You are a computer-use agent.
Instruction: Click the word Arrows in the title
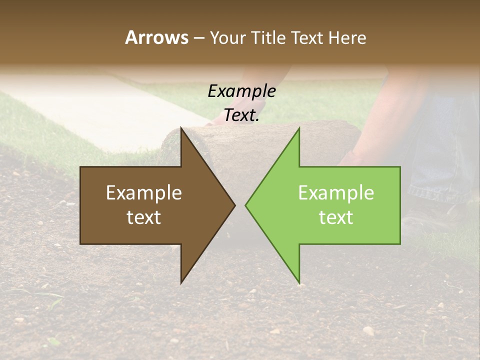[156, 37]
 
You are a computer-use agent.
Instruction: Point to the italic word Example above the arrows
[241, 91]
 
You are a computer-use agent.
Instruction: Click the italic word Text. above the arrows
[241, 115]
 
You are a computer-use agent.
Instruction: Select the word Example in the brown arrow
[143, 193]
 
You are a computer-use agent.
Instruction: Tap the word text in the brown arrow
[143, 217]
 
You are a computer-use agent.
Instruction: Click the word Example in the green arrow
[336, 193]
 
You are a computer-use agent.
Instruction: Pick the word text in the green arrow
[336, 217]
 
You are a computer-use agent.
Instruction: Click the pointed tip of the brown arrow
[234, 205]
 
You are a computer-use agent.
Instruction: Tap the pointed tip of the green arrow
[246, 205]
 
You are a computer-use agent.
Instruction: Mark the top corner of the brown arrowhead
[181, 128]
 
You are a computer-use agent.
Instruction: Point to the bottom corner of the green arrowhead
[299, 282]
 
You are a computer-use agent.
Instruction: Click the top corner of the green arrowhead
[299, 128]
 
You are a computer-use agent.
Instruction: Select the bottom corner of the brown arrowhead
[181, 282]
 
